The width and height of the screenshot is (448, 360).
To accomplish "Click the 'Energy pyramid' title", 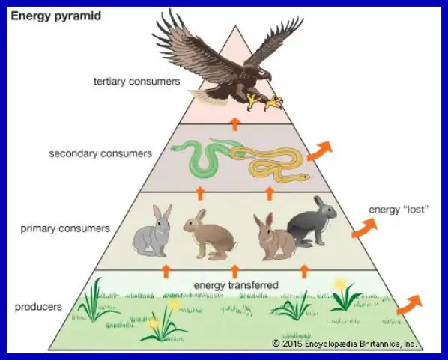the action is (56, 16).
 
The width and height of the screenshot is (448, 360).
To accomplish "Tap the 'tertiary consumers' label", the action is (137, 82).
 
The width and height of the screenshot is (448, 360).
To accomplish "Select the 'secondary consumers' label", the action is (100, 153).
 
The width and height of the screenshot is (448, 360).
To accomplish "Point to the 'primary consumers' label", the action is (65, 228).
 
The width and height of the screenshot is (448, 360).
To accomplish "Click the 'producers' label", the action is (38, 307).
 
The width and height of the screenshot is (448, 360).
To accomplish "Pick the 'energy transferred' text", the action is (236, 285).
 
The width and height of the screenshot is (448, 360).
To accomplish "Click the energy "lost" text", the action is (399, 210).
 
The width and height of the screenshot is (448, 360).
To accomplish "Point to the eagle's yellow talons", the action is (264, 103).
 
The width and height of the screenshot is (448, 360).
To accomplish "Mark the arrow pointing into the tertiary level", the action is (234, 123).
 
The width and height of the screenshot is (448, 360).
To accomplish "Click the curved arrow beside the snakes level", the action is (320, 151).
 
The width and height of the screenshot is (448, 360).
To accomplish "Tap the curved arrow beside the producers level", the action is (409, 305).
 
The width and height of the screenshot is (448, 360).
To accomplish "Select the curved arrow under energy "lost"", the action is (364, 228).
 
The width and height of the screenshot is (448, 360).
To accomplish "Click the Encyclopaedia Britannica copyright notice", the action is (345, 343).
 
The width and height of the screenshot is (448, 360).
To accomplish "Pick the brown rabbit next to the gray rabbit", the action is (210, 236).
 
